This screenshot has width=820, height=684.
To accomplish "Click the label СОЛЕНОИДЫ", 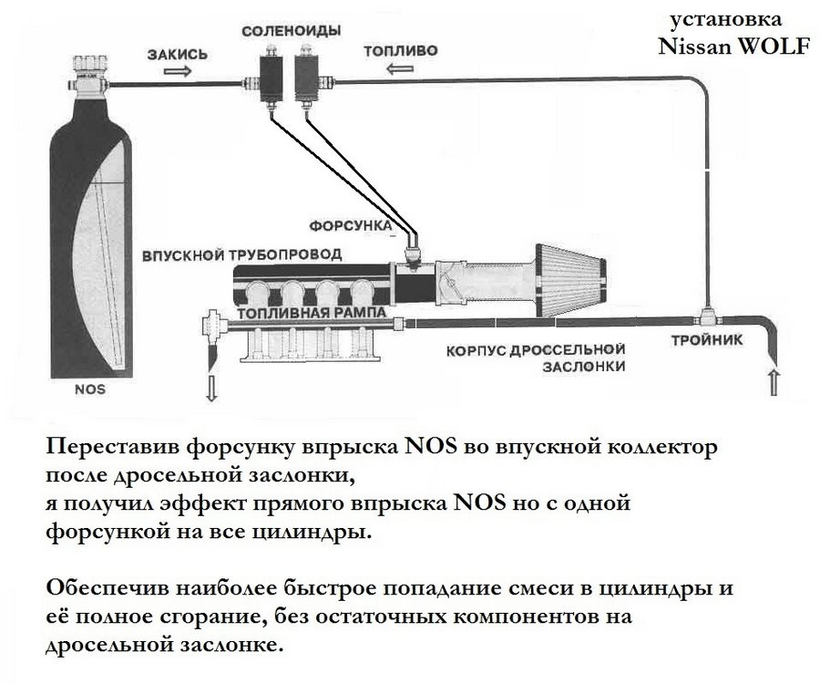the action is tap(292, 31).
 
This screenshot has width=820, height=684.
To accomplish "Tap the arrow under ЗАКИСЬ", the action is tap(177, 70).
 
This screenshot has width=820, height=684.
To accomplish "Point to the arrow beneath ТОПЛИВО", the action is tap(400, 68).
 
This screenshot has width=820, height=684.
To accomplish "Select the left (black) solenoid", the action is tap(271, 78).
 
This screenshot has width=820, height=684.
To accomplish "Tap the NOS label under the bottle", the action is tap(90, 390).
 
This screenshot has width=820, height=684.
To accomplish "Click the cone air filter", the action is tap(571, 280).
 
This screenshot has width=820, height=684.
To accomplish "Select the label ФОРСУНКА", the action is tap(351, 226).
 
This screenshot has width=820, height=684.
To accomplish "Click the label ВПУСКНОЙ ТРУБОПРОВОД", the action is tap(242, 255).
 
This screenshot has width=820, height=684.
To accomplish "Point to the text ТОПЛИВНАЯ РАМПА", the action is tap(312, 313).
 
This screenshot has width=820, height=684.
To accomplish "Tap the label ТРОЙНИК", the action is tap(706, 340).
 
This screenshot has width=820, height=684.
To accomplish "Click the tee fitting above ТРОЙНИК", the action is tap(707, 316).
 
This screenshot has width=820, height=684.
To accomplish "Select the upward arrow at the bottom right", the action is tap(774, 382).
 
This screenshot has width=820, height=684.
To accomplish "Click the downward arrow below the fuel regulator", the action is tap(211, 388).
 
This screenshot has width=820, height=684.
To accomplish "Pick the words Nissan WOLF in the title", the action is tap(733, 47).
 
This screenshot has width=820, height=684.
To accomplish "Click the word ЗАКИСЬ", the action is tap(177, 54).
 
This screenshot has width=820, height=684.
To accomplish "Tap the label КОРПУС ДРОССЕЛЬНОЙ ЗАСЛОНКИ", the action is tap(536, 358).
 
